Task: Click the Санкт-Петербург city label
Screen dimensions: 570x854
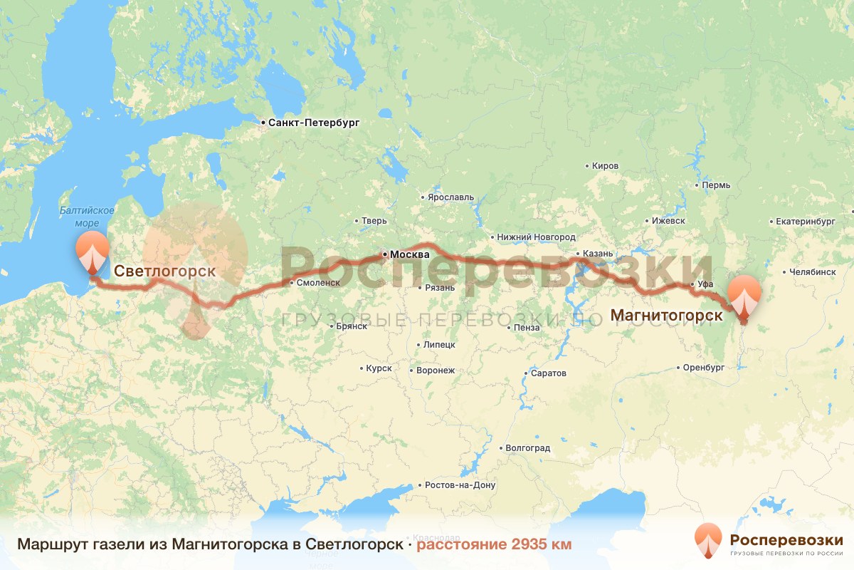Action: click(313, 123)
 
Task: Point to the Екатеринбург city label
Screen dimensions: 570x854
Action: click(805, 222)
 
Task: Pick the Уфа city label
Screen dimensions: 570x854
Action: click(705, 285)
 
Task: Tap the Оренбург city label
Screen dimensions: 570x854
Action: click(702, 368)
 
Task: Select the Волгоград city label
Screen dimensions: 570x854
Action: click(527, 449)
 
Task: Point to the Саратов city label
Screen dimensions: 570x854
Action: click(548, 373)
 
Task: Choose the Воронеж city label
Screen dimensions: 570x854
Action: click(435, 370)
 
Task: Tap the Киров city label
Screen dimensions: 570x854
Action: click(605, 166)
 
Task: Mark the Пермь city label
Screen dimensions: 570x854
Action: click(715, 185)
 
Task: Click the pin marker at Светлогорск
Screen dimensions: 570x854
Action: click(93, 253)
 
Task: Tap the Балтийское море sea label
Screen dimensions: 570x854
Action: click(88, 217)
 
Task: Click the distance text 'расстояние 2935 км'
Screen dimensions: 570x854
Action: click(494, 544)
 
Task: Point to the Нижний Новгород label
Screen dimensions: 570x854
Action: click(536, 237)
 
